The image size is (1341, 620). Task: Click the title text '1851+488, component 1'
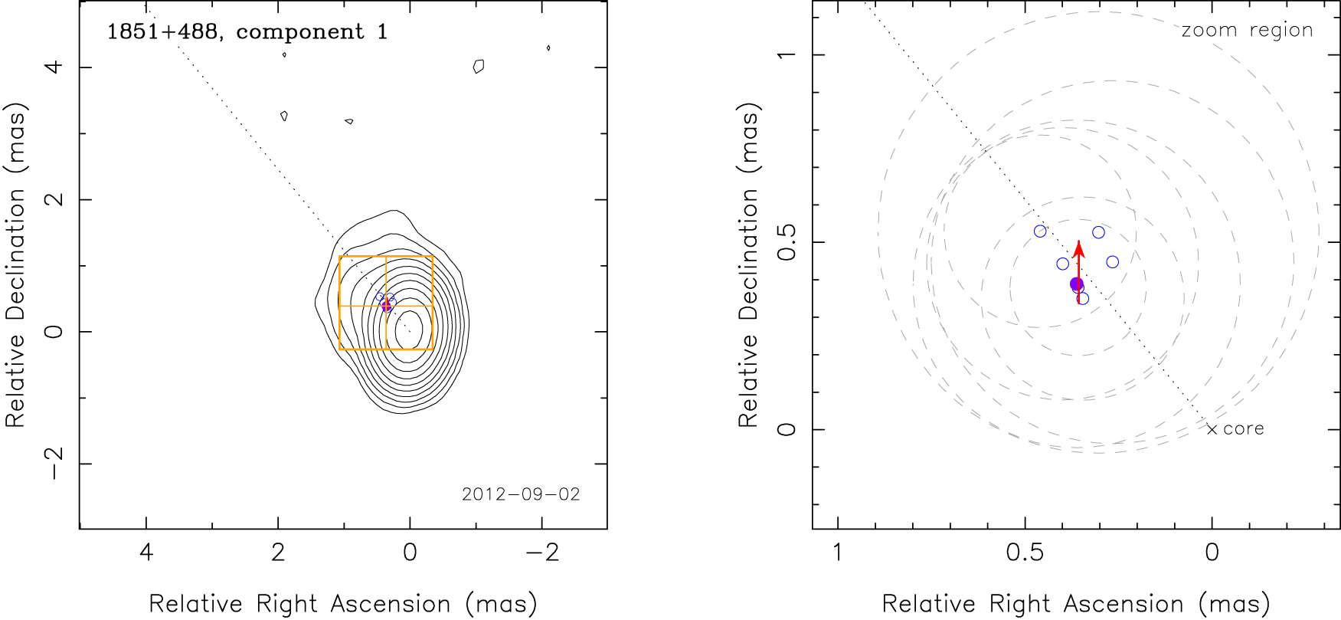[247, 32]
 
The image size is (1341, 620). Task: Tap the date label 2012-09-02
[521, 494]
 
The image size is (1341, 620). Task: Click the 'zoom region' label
[1247, 30]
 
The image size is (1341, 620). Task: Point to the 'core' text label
[1244, 429]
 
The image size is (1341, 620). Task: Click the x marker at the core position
[1212, 429]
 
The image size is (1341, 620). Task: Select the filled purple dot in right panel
[1077, 284]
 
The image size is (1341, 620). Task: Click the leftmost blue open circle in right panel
[1040, 231]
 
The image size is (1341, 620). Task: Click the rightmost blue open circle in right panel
[1113, 262]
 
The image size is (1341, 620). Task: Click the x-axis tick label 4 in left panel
[146, 553]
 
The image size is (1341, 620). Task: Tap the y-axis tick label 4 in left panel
[54, 67]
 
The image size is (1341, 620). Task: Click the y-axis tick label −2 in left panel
[54, 464]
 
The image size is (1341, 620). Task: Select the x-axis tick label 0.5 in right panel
[1025, 553]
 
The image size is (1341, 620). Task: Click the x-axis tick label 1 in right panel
[838, 553]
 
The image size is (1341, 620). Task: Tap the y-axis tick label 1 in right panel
[787, 55]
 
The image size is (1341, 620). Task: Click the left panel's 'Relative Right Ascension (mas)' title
[343, 604]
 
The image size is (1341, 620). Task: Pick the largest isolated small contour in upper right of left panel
[479, 67]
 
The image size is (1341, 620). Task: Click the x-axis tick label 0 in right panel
[1212, 553]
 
